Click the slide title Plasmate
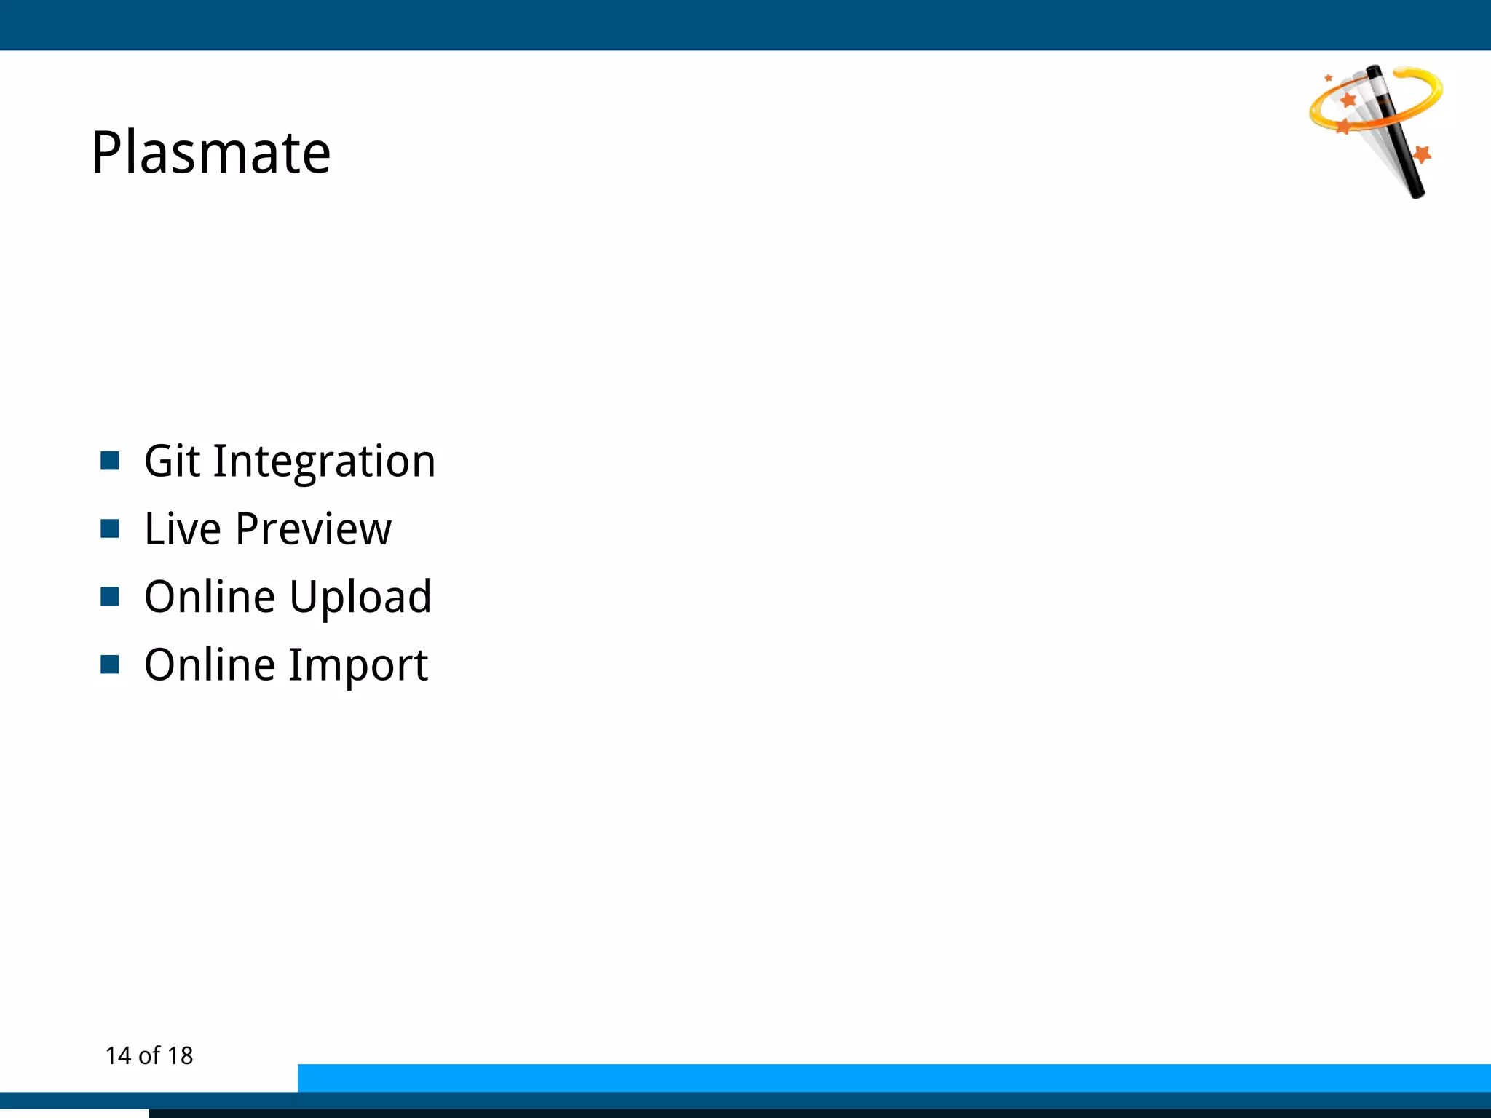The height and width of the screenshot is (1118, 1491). [211, 153]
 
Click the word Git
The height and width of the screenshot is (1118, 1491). [172, 461]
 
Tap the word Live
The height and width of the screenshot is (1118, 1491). [182, 529]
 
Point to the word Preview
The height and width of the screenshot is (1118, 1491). [313, 529]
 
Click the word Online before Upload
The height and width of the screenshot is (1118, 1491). [210, 597]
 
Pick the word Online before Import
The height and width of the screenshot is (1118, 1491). [210, 665]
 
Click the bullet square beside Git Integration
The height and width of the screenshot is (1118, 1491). [110, 461]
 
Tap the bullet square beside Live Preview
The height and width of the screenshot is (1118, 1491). [110, 528]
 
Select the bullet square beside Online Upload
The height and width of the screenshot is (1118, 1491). [110, 597]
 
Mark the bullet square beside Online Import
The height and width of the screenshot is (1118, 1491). [110, 665]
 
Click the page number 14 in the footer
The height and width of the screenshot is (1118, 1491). [118, 1056]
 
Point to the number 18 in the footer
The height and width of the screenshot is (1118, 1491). [180, 1056]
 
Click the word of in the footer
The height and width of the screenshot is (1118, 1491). [149, 1056]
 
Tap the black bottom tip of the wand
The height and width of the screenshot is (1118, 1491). [1417, 191]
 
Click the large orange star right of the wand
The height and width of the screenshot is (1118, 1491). [1422, 154]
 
